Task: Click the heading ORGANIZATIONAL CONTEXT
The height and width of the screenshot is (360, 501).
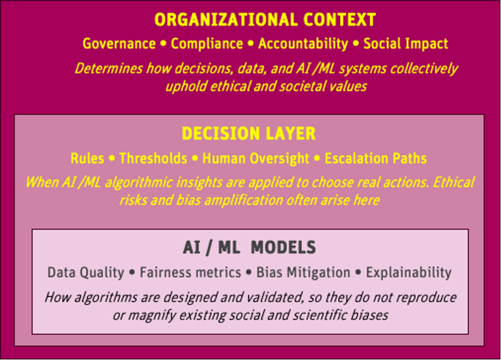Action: (265, 20)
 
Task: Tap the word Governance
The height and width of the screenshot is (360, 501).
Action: (119, 44)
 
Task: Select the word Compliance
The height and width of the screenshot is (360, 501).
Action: (207, 44)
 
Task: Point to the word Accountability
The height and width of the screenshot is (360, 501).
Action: (303, 44)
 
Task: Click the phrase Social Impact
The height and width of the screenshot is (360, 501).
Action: (406, 44)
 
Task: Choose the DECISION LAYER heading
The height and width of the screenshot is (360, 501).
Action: (249, 134)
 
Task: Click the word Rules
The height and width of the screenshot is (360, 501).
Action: (87, 158)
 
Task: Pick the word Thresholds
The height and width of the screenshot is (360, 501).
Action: (153, 158)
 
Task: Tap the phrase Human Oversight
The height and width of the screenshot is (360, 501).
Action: (255, 158)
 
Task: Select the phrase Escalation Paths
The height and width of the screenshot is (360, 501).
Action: (375, 158)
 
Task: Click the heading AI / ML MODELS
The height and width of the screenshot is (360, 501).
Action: (249, 247)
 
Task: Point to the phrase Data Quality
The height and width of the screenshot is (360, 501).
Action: (86, 272)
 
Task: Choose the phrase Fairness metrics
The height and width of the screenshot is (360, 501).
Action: (190, 272)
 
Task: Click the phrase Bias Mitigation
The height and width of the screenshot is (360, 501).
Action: (303, 272)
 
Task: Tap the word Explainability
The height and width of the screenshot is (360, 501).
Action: (408, 272)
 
